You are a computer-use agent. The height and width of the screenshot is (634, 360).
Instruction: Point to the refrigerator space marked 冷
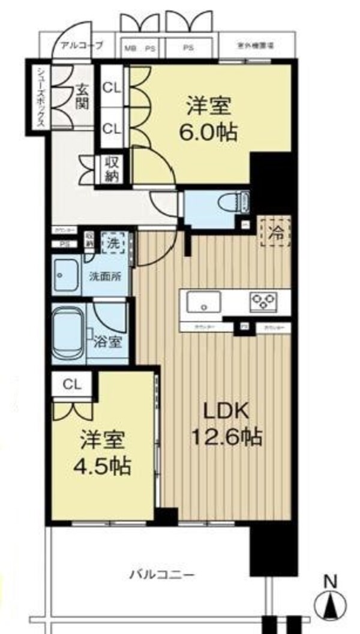click(274, 232)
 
